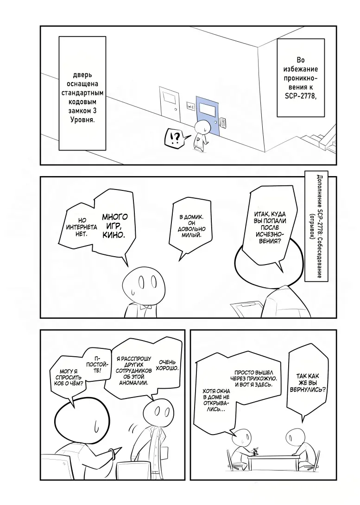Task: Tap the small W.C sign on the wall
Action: click(190, 106)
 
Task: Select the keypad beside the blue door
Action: click(223, 123)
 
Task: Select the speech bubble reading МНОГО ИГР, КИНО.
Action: click(114, 226)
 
